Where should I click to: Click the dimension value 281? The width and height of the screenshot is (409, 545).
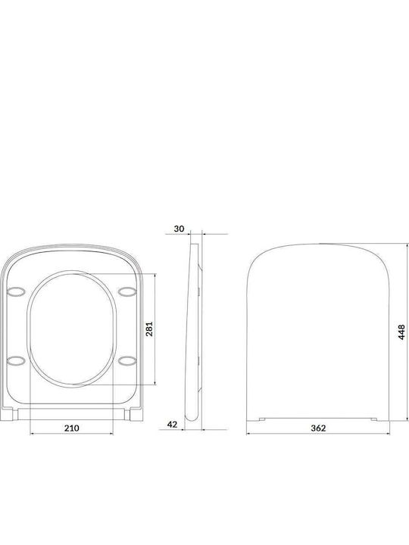click(x=149, y=329)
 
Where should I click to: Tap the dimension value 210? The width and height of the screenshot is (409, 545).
click(x=72, y=428)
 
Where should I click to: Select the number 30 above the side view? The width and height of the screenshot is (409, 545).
click(x=179, y=229)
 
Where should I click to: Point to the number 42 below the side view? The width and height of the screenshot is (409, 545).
click(x=172, y=425)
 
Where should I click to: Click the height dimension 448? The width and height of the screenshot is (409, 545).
click(x=401, y=332)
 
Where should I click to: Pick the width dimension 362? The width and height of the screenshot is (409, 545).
click(x=318, y=428)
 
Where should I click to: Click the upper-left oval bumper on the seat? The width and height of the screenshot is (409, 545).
click(x=16, y=291)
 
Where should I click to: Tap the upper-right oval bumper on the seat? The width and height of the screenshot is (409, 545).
click(x=126, y=291)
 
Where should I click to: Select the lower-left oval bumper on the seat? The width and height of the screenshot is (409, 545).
click(x=16, y=361)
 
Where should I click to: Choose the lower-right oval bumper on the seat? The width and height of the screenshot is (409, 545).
click(x=126, y=361)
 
